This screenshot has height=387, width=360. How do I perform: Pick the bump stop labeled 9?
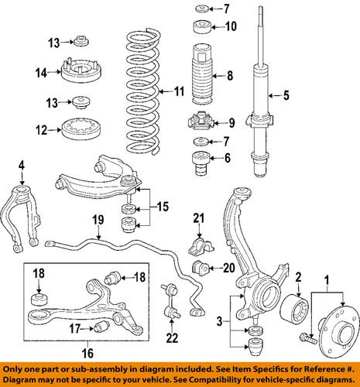point(201,122)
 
